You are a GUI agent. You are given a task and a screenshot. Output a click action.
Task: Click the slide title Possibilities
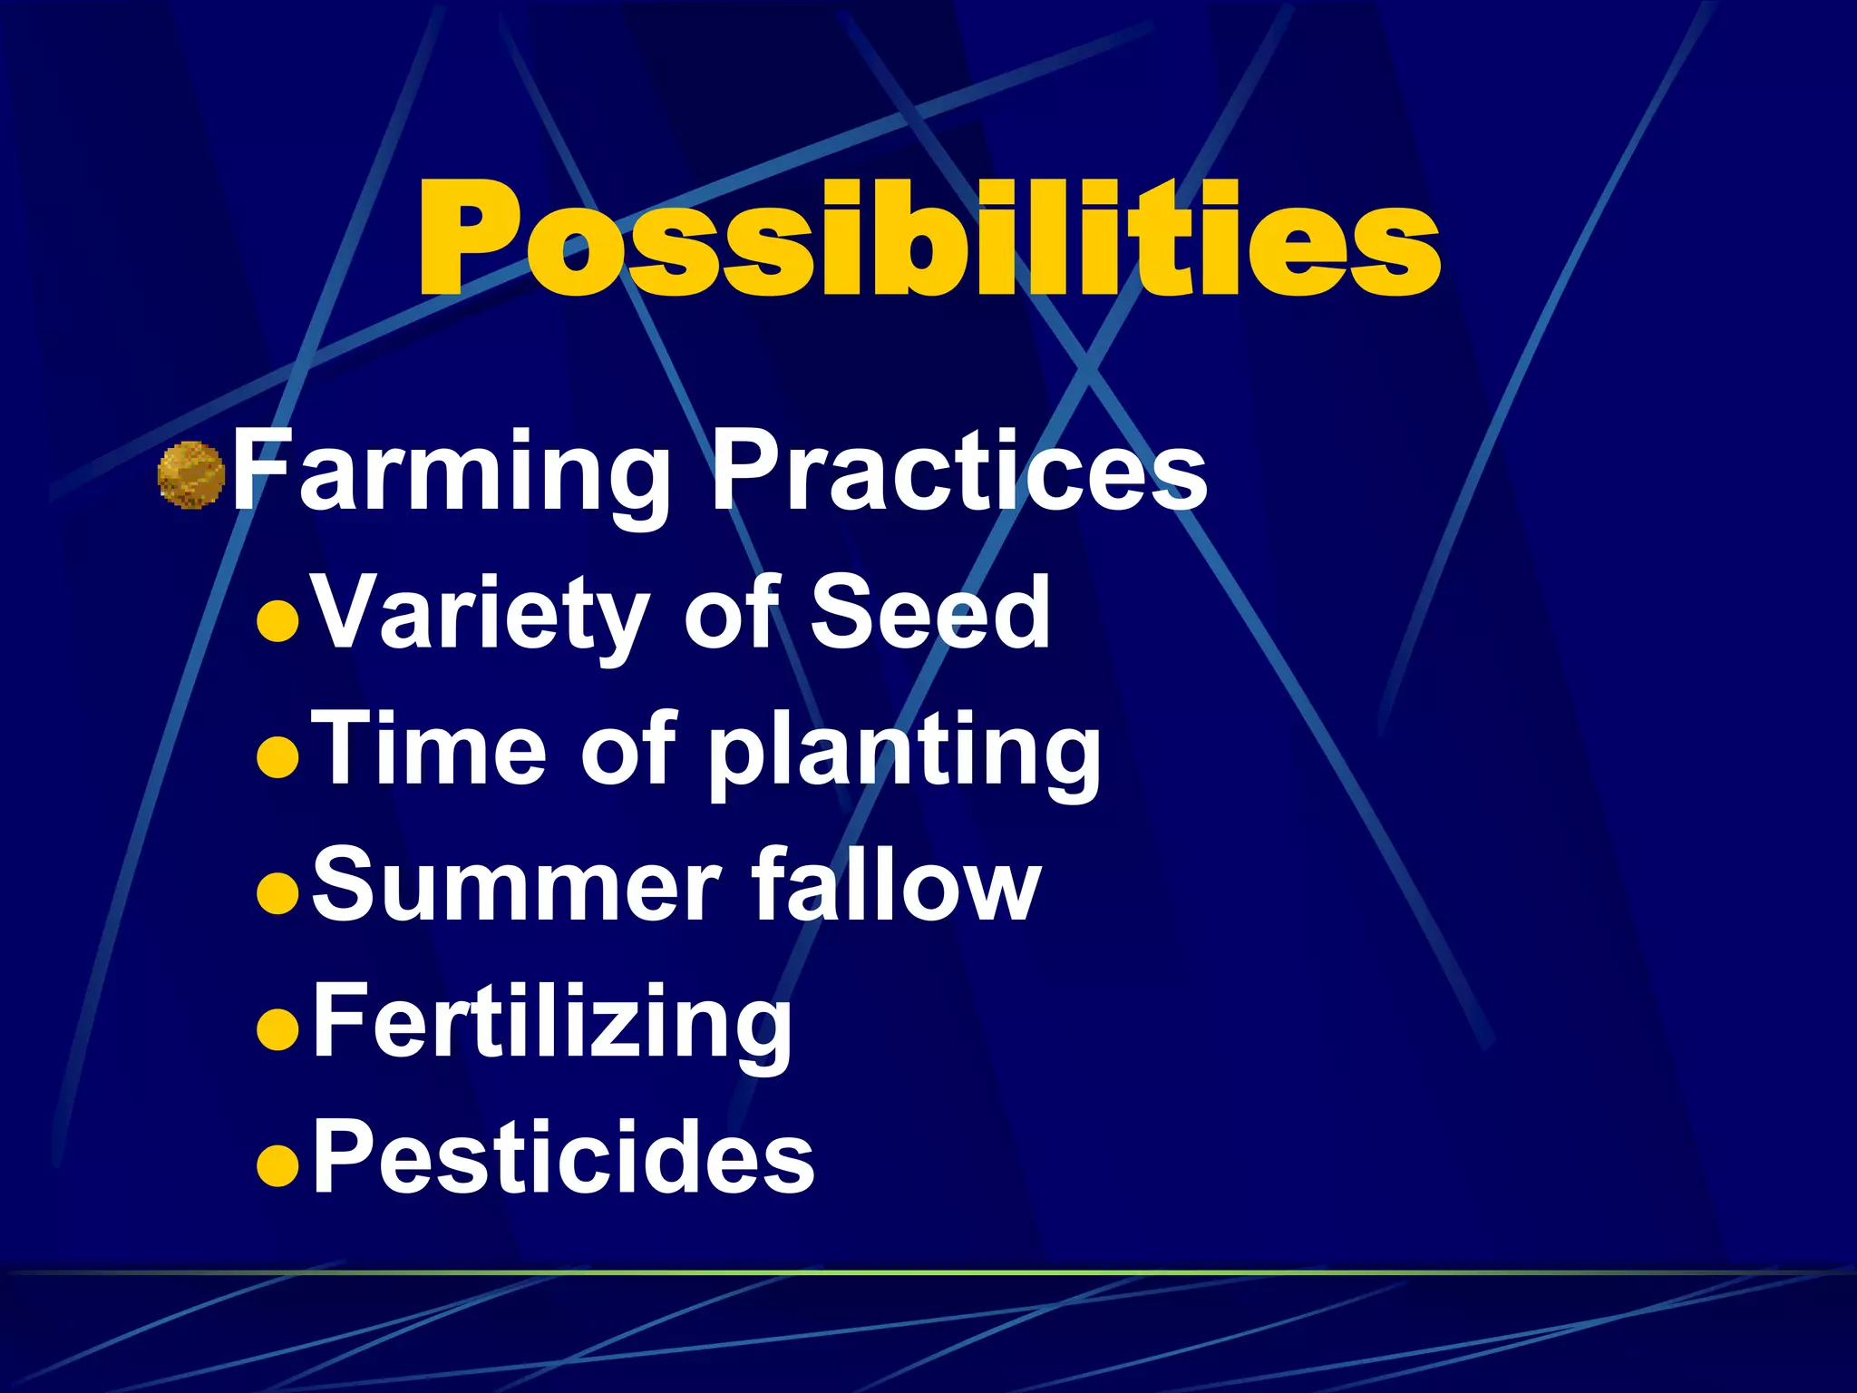pyautogui.click(x=928, y=238)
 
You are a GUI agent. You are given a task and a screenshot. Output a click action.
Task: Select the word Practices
pyautogui.click(x=958, y=473)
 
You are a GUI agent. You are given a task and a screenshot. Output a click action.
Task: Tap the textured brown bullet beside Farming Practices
pyautogui.click(x=191, y=474)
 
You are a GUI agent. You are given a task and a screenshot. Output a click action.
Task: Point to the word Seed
pyautogui.click(x=930, y=613)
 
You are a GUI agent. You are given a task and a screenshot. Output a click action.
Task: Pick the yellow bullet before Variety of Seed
pyautogui.click(x=277, y=622)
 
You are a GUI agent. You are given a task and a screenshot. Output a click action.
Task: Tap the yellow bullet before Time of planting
pyautogui.click(x=277, y=758)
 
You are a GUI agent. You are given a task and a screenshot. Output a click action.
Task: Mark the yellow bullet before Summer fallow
pyautogui.click(x=277, y=894)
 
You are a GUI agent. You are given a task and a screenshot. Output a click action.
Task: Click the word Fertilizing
pyautogui.click(x=552, y=1023)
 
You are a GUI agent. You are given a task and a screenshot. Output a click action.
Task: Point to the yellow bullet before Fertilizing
pyautogui.click(x=277, y=1030)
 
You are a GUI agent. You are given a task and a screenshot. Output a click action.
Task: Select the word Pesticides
pyautogui.click(x=563, y=1157)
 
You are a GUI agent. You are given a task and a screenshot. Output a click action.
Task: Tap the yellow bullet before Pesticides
pyautogui.click(x=277, y=1166)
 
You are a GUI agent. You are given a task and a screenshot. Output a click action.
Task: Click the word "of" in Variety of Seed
pyautogui.click(x=733, y=613)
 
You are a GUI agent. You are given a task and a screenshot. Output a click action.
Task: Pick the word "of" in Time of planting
pyautogui.click(x=629, y=749)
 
